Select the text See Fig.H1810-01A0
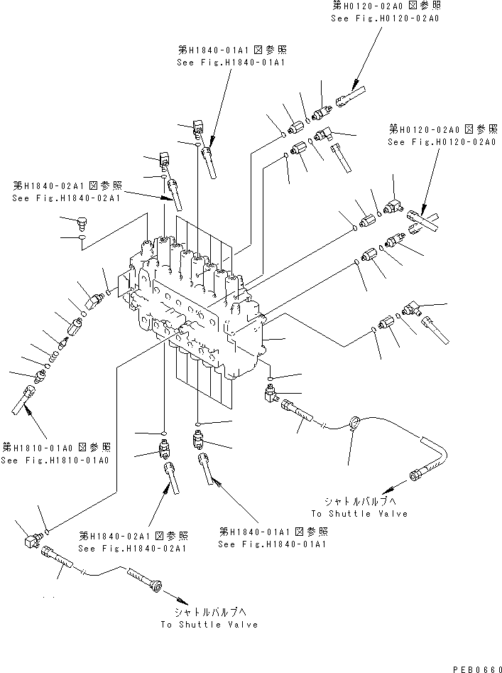coord(55,461)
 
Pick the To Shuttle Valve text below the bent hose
coord(359,513)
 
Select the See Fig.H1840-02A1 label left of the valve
coord(66,198)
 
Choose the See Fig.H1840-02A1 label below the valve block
coord(133,548)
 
